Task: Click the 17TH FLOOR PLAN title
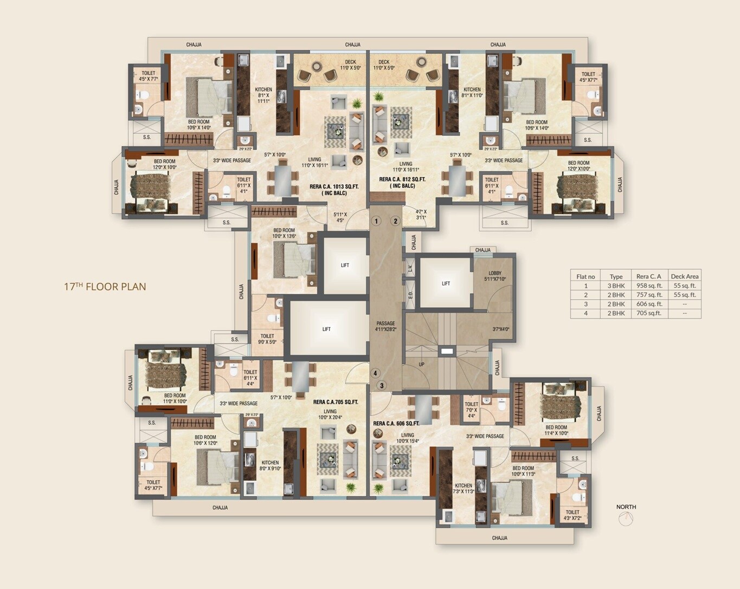[x=105, y=287]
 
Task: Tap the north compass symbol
[x=626, y=519]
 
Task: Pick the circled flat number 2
[x=396, y=221]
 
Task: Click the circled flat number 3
[x=382, y=386]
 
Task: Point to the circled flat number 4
[x=375, y=373]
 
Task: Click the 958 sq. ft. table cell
[x=649, y=286]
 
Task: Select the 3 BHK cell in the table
[x=616, y=286]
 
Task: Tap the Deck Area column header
[x=684, y=276]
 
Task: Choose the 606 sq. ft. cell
[x=649, y=304]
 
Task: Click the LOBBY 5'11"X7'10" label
[x=494, y=276]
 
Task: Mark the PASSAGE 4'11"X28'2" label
[x=385, y=326]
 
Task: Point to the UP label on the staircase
[x=421, y=365]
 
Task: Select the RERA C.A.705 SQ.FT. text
[x=336, y=402]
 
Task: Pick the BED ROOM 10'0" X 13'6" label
[x=284, y=233]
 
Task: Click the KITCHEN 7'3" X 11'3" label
[x=464, y=488]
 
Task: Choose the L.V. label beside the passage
[x=410, y=268]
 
